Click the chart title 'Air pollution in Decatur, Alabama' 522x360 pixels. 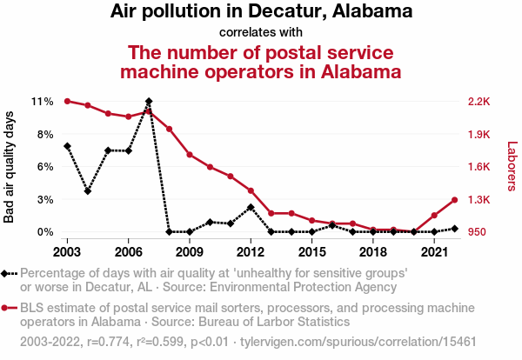(x=261, y=12)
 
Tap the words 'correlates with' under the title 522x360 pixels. (x=260, y=33)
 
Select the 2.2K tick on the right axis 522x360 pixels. (x=478, y=102)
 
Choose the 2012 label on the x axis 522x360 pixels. (x=251, y=251)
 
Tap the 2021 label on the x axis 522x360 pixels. (x=434, y=251)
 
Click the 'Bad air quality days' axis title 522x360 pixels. (x=10, y=167)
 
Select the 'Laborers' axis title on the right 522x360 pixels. (x=512, y=167)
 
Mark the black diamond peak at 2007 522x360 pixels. (x=149, y=102)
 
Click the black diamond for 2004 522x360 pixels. (x=88, y=190)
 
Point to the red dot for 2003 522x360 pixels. (x=67, y=102)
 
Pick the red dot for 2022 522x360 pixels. (x=454, y=200)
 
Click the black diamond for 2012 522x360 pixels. (x=251, y=207)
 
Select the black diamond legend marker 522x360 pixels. (x=6, y=273)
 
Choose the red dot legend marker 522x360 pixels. (x=6, y=308)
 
